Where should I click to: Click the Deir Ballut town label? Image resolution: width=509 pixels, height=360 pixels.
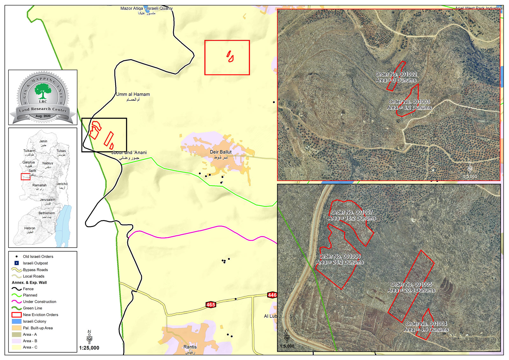220,152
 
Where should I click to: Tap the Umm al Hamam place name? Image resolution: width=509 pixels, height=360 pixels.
133,94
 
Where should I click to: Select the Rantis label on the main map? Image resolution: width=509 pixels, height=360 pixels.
190,347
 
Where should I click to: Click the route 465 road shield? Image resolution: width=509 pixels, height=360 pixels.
211,305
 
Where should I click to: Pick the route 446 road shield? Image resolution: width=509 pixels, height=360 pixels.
272,295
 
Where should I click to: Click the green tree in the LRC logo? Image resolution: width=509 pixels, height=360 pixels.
43,91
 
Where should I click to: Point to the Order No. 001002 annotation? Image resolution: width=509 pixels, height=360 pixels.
396,74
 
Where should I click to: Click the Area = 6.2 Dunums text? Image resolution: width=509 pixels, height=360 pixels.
409,108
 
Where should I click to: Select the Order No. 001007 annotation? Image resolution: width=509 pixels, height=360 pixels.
352,212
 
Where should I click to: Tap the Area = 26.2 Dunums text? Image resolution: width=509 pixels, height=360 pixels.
339,262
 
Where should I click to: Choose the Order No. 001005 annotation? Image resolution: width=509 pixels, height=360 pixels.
411,284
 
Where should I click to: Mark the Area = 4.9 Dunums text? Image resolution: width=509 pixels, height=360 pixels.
426,330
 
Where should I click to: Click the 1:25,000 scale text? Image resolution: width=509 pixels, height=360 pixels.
89,348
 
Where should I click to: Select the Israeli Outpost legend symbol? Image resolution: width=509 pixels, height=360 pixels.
17,263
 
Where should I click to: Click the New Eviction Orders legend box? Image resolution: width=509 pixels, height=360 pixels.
17,315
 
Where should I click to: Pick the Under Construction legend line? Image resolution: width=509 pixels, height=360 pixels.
17,302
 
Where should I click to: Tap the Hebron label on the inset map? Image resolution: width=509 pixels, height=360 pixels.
30,228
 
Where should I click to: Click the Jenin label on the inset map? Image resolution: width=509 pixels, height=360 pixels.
43,141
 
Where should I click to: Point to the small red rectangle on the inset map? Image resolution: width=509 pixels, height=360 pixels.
25,177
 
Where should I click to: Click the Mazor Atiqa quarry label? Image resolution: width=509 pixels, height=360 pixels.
146,9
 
